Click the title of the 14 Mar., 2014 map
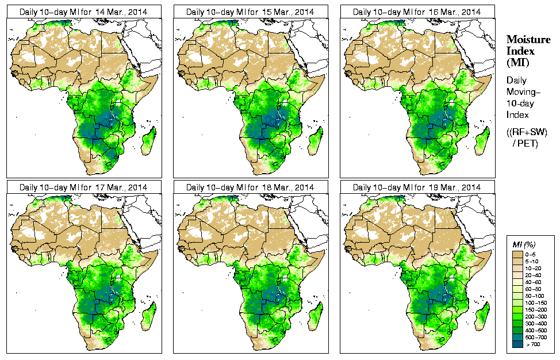click(83, 12)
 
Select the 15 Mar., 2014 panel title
click(250, 12)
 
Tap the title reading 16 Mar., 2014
click(416, 12)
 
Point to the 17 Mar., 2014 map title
click(83, 187)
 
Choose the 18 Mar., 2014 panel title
click(250, 187)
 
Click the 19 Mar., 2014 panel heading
click(416, 187)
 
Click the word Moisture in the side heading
click(526, 39)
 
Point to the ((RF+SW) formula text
click(527, 132)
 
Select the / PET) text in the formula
click(526, 143)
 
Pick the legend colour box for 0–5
click(517, 254)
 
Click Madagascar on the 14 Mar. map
click(148, 141)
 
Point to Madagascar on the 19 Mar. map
click(482, 317)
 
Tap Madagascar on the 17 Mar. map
click(148, 317)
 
